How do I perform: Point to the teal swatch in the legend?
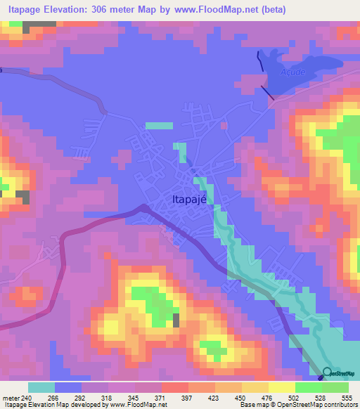pos(41,387)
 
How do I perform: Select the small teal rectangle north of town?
pos(159,126)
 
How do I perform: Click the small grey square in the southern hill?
pos(175,320)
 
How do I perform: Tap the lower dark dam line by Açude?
pos(266,92)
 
